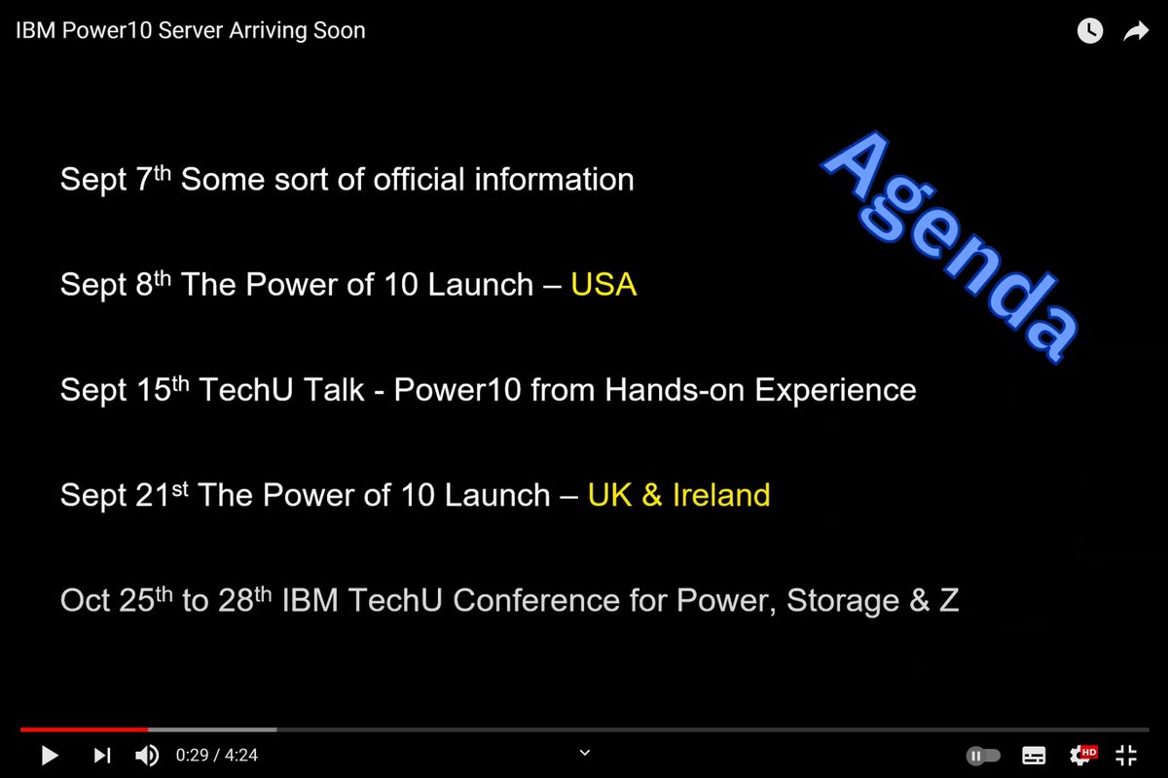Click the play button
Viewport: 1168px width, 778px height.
[50, 756]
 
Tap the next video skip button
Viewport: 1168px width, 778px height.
[102, 756]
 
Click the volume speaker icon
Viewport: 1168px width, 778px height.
[147, 756]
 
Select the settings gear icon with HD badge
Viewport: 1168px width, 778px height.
[1082, 755]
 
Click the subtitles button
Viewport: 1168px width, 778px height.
[1034, 756]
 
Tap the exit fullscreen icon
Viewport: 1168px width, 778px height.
[1126, 756]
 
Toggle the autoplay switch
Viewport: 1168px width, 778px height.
[983, 756]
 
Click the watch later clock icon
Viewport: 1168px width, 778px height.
[1090, 30]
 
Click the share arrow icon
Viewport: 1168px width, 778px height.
[1136, 31]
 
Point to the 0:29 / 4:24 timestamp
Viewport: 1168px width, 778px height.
[217, 755]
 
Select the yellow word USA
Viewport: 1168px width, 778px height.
[603, 285]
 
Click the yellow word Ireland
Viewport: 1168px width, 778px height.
[721, 495]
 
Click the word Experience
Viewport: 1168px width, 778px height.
[835, 391]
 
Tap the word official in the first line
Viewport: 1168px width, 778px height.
[419, 179]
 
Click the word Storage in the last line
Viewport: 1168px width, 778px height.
[843, 601]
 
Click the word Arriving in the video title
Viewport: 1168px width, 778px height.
[267, 31]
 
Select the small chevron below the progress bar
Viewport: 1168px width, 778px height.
[585, 753]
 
